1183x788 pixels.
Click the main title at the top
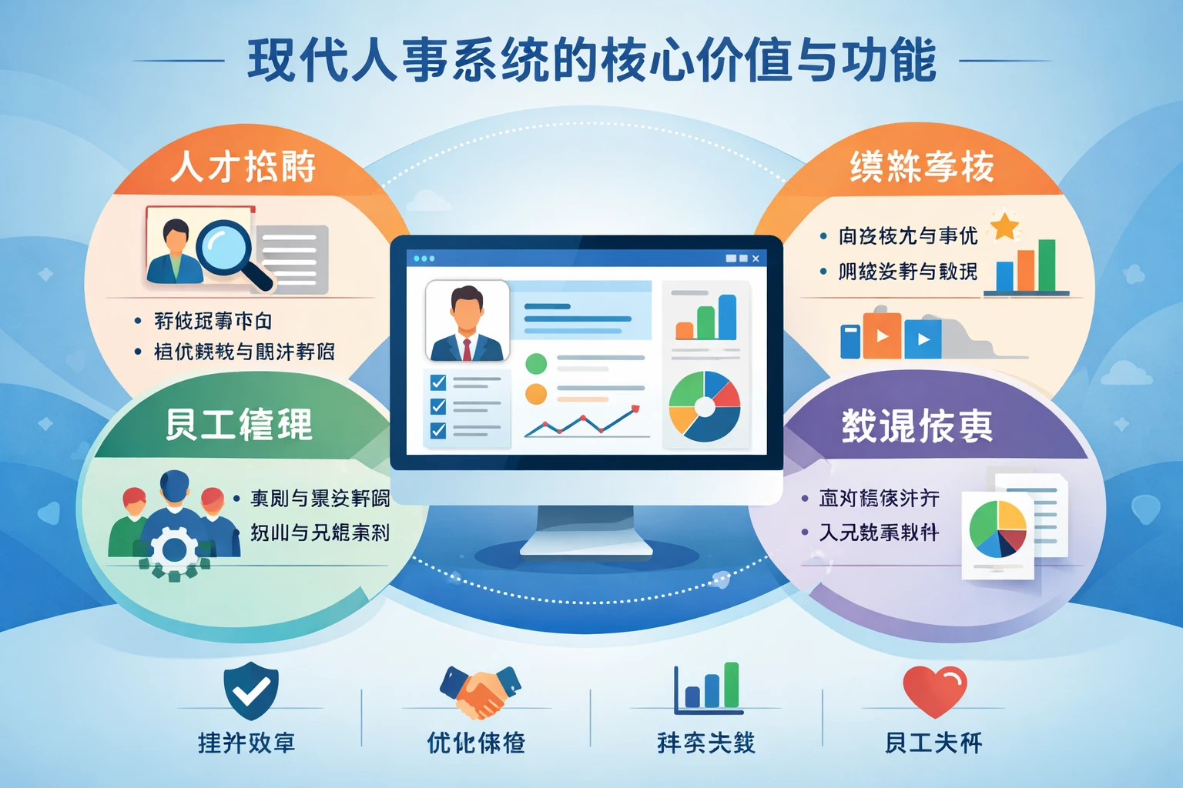click(591, 60)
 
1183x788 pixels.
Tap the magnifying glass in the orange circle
click(225, 248)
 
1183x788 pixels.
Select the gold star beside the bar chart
click(1004, 226)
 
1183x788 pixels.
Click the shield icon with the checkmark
click(251, 689)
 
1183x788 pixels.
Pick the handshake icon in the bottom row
click(480, 690)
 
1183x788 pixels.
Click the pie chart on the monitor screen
click(705, 406)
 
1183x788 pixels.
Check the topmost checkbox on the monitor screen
click(438, 382)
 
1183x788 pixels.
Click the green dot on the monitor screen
click(536, 363)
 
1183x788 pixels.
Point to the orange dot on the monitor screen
click(536, 394)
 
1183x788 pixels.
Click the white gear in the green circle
click(174, 550)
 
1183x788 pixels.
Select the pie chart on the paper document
click(997, 529)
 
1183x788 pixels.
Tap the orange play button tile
click(883, 336)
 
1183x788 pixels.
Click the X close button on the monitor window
click(756, 259)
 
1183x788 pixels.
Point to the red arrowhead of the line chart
click(635, 409)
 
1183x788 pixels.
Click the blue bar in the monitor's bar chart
click(727, 316)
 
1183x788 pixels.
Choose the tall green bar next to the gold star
click(1047, 265)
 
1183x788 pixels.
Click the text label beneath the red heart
click(933, 743)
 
